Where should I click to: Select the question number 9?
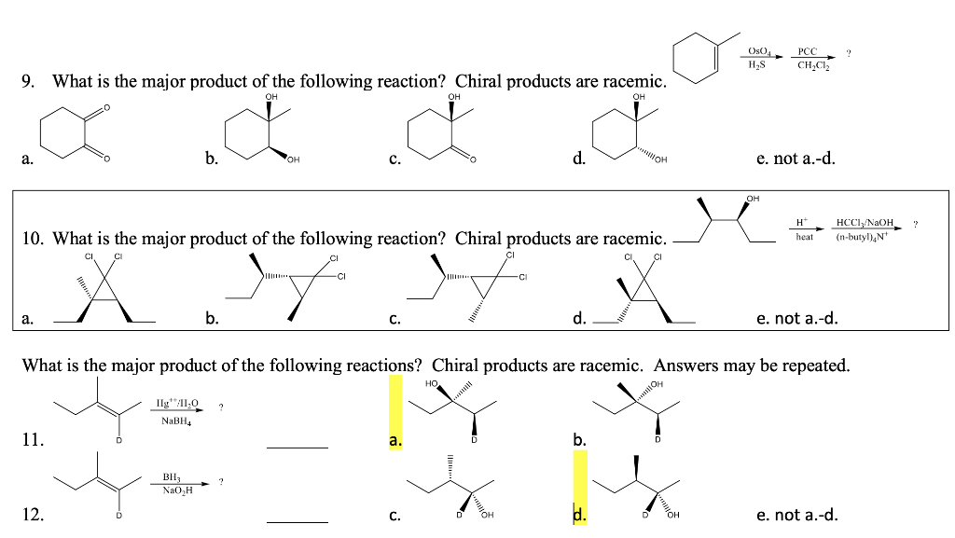(x=28, y=82)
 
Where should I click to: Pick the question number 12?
(x=32, y=514)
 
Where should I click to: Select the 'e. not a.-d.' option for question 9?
(x=796, y=158)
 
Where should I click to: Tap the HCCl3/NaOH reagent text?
(x=865, y=222)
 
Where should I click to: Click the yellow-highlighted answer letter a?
(x=395, y=437)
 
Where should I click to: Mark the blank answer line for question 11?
(x=297, y=448)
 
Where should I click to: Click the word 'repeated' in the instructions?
(x=814, y=366)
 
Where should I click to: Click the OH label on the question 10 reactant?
(x=753, y=198)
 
